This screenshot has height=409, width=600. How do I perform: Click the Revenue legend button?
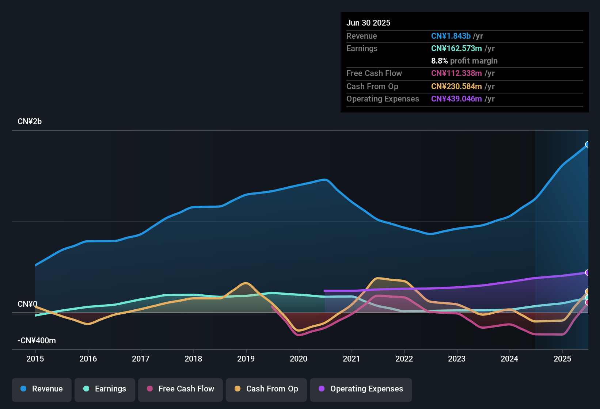[x=42, y=389]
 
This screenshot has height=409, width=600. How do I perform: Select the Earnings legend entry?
[x=105, y=389]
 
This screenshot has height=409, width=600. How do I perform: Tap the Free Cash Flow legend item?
[x=181, y=389]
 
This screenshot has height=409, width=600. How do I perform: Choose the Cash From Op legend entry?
[x=266, y=389]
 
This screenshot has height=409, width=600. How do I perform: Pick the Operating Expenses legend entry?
[x=361, y=389]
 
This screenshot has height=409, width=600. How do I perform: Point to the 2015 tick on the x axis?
[x=35, y=359]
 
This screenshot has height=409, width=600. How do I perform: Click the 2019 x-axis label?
[x=246, y=359]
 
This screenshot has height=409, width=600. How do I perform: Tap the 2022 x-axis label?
[x=404, y=359]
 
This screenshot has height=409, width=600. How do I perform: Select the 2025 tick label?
[x=562, y=359]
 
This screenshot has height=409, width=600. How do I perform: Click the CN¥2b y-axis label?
[x=30, y=122]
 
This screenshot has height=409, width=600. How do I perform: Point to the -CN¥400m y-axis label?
[x=37, y=341]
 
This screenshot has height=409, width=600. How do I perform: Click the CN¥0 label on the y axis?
[x=27, y=304]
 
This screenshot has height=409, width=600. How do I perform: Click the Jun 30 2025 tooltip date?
[x=368, y=23]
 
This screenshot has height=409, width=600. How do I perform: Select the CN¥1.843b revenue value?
[x=451, y=36]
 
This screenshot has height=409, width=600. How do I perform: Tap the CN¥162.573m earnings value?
[x=456, y=48]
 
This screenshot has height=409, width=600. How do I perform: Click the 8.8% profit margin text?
[x=464, y=61]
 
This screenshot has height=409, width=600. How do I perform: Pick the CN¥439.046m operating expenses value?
[x=456, y=99]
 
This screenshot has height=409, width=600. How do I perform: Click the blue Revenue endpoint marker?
[x=588, y=144]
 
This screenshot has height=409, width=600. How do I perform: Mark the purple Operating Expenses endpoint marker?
[x=588, y=272]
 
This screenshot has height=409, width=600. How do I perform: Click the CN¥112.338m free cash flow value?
[x=456, y=73]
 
